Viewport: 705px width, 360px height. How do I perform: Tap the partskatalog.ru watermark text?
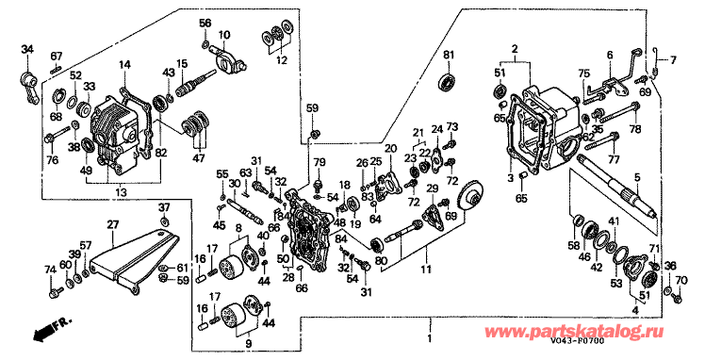pyautogui.click(x=575, y=332)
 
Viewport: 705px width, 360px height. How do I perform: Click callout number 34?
pyautogui.click(x=27, y=50)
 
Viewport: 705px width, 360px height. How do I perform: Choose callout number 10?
pyautogui.click(x=224, y=35)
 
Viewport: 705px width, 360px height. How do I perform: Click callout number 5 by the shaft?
pyautogui.click(x=636, y=177)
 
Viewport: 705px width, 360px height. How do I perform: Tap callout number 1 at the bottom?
pyautogui.click(x=430, y=338)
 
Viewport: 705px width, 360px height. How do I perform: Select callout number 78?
pyautogui.click(x=635, y=130)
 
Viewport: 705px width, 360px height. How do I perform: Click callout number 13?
pyautogui.click(x=121, y=192)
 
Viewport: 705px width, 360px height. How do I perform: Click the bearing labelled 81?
pyautogui.click(x=448, y=82)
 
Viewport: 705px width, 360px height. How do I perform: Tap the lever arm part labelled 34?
pyautogui.click(x=29, y=88)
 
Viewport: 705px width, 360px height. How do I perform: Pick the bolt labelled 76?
pyautogui.click(x=57, y=135)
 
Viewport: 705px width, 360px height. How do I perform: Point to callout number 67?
pyautogui.click(x=57, y=57)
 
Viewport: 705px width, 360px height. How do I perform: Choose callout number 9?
pyautogui.click(x=249, y=344)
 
